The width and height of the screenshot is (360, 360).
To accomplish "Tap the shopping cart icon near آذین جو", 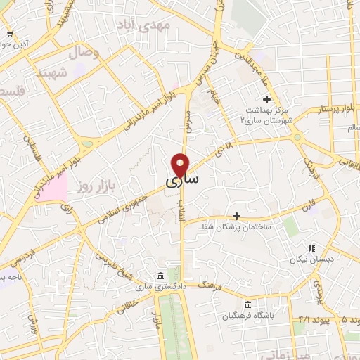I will click(9, 34).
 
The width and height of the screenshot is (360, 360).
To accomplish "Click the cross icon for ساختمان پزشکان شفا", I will click(236, 215).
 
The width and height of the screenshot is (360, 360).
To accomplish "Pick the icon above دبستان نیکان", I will click(311, 247).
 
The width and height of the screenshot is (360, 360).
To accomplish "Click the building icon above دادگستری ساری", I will click(162, 275).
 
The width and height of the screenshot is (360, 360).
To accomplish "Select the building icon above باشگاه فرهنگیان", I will click(247, 304).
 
